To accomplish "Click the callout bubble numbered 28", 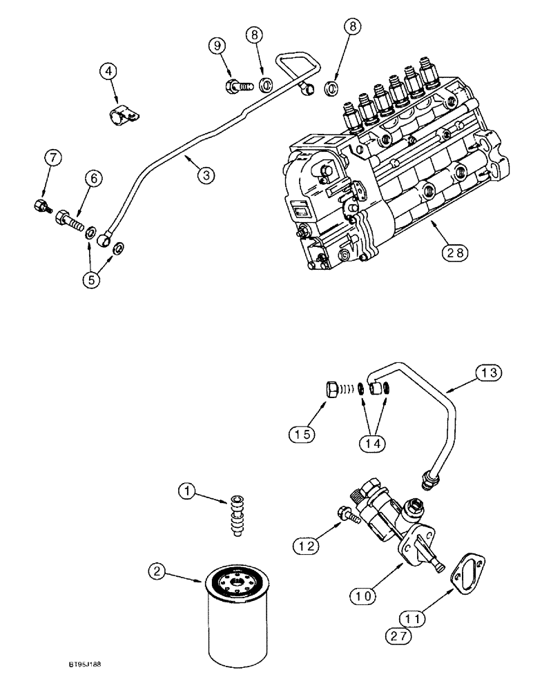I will click(x=456, y=253).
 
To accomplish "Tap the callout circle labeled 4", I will click(x=108, y=71).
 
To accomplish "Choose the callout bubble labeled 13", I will click(x=487, y=374).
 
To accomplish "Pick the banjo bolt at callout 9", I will click(x=237, y=87).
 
